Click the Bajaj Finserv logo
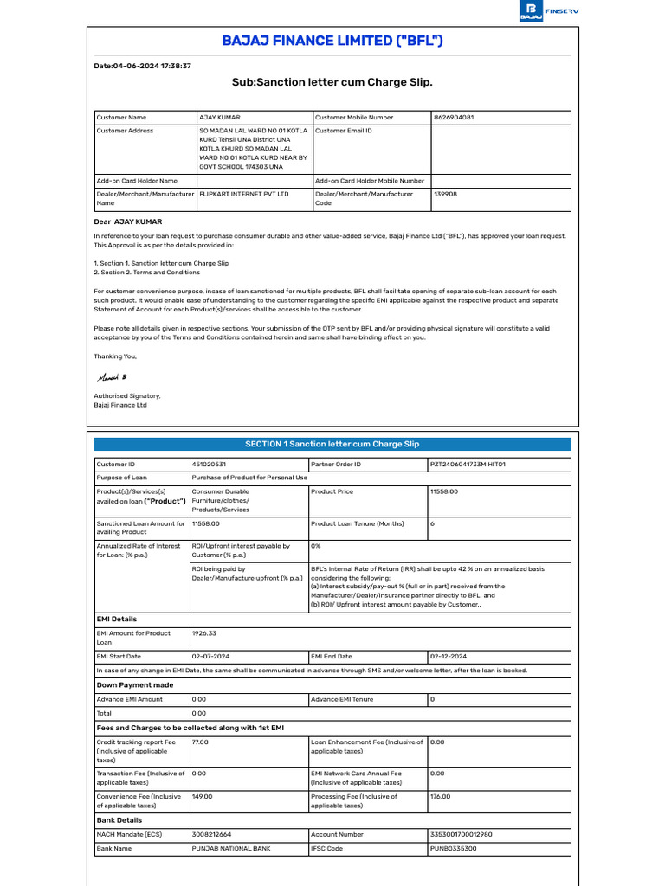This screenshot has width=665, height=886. click(x=544, y=11)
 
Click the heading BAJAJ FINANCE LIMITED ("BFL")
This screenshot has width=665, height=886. click(x=332, y=41)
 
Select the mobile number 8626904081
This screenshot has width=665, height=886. click(x=454, y=117)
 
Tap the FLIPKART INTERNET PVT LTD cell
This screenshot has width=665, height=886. click(x=244, y=195)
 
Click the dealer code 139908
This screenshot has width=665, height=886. click(x=445, y=195)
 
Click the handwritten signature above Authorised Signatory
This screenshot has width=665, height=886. click(x=111, y=377)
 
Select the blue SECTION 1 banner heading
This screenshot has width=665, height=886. click(x=332, y=444)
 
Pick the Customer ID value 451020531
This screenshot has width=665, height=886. click(x=210, y=465)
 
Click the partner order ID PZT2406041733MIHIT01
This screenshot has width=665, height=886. click(x=468, y=465)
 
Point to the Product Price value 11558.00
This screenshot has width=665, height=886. click(x=444, y=491)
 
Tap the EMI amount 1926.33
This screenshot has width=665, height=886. click(x=203, y=633)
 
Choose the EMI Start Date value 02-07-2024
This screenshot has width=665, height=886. click(x=210, y=657)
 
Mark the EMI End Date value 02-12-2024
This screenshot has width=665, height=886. click(x=449, y=657)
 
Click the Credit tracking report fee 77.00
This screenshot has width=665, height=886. click(x=200, y=742)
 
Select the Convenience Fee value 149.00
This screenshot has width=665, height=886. click(x=202, y=796)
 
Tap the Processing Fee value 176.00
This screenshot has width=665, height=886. click(x=441, y=796)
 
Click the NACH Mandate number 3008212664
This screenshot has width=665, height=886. click(x=211, y=835)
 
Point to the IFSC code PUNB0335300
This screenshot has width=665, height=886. click(x=453, y=849)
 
